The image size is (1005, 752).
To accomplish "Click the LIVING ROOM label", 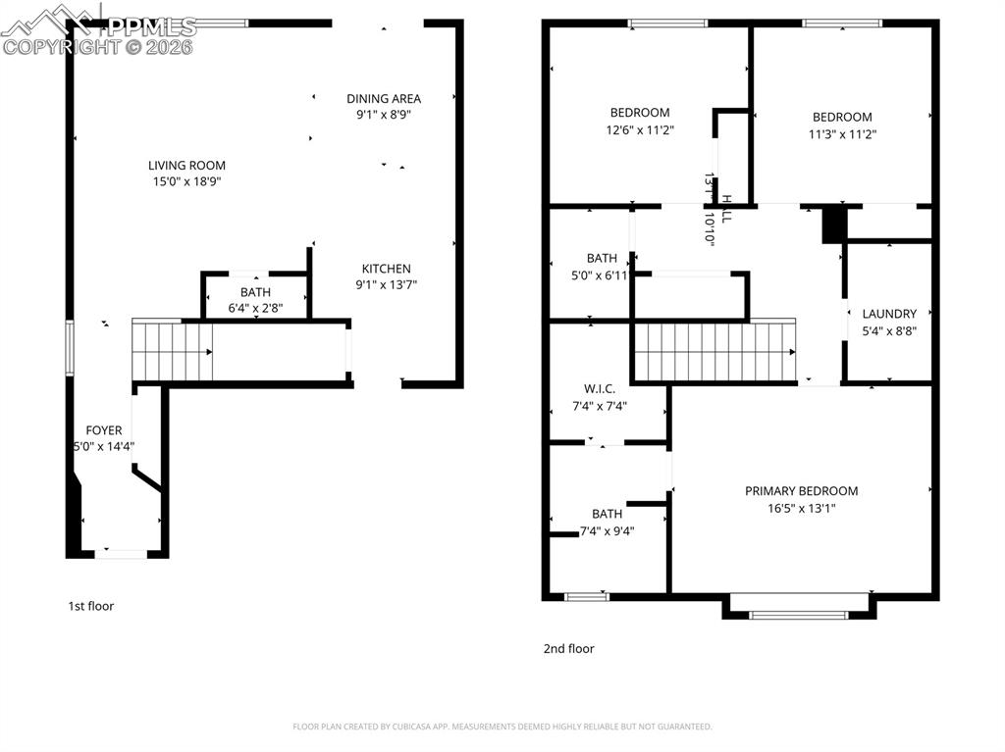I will point(186,166).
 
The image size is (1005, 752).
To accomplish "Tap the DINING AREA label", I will point(384,98).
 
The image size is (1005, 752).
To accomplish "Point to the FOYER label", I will point(104,430).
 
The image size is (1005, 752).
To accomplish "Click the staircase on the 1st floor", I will point(173,351).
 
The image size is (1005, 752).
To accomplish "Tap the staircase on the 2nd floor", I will point(714,351).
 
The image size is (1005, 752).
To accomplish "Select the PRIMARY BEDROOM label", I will point(801,491).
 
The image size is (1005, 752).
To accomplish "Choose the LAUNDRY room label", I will point(889,314).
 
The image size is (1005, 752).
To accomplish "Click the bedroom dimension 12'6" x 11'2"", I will point(640,129).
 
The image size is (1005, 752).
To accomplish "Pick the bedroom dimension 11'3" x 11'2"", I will point(842,134).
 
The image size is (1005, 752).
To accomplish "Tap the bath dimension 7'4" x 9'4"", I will point(607,531).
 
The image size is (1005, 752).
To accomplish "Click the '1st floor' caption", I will point(90,606).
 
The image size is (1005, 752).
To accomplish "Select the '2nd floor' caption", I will point(568,648).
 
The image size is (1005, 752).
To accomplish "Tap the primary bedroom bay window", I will point(798,615).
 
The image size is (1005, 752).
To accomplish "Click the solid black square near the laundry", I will point(833,223).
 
